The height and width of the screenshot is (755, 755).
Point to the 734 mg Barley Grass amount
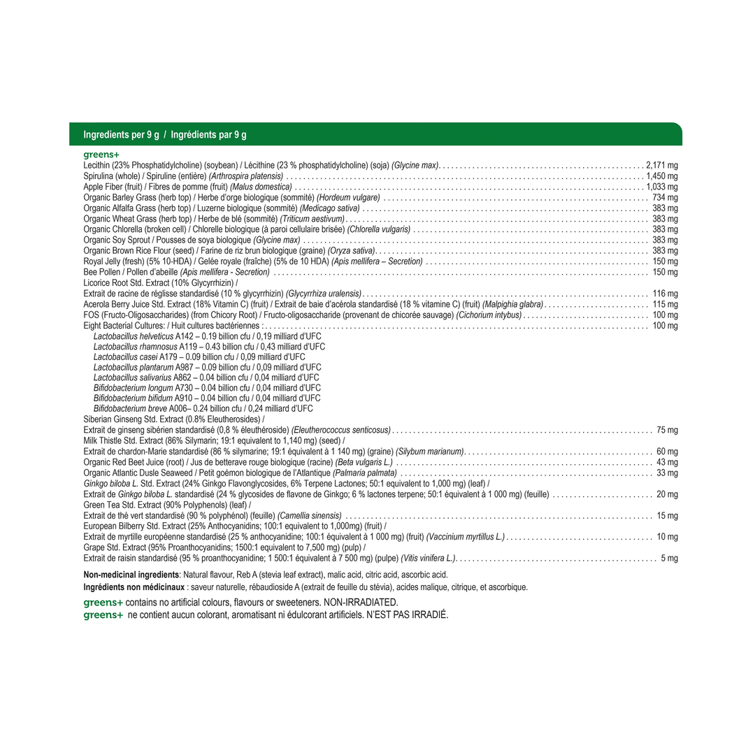[665, 198]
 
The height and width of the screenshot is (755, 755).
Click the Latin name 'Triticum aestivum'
[312, 219]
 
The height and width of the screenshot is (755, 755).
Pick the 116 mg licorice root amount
[665, 294]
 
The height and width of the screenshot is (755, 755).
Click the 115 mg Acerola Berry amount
[665, 305]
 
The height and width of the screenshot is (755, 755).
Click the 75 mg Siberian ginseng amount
[667, 430]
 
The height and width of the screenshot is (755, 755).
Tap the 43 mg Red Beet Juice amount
[667, 462]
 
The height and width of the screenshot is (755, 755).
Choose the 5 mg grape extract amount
[669, 559]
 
